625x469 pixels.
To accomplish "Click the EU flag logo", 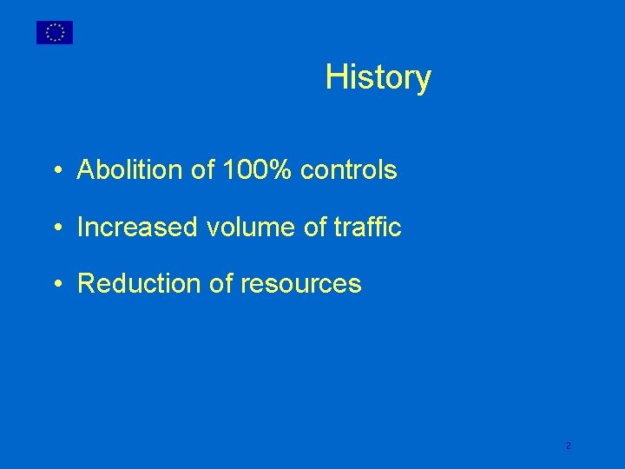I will point(55,32).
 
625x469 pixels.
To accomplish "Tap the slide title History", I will point(378,77).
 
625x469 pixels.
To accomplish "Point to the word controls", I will point(349,170).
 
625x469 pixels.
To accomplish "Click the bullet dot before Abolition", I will point(55,171).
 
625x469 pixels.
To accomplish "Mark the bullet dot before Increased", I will point(55,228).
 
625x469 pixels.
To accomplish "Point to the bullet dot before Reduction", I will point(55,285).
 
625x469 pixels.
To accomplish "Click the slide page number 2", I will point(568,446).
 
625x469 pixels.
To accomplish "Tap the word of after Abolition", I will point(201,170).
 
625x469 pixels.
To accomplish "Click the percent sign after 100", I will point(279,170).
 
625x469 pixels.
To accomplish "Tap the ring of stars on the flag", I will point(55,32).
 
